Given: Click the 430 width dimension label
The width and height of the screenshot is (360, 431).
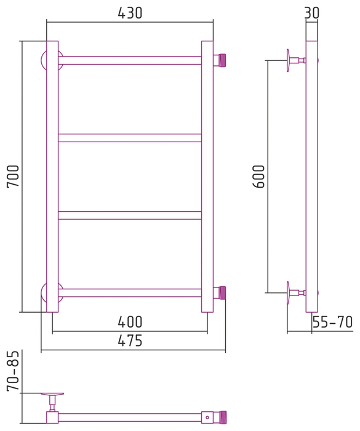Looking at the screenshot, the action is [130, 13].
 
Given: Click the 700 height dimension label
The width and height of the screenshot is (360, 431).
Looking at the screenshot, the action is [13, 176].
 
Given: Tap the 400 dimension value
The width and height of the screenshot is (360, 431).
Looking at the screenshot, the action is [130, 322].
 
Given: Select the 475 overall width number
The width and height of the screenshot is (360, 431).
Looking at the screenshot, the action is [130, 341].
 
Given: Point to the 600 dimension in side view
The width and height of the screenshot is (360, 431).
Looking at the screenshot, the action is [258, 176].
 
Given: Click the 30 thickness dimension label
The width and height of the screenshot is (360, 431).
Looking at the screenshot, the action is [312, 13].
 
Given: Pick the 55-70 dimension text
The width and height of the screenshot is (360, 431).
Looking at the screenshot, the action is [332, 322].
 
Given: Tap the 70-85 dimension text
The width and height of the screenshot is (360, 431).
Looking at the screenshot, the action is [13, 371].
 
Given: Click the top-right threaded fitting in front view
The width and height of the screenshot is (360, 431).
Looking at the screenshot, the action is [220, 60].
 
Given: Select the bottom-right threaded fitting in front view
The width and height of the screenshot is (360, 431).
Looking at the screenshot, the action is [220, 292].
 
